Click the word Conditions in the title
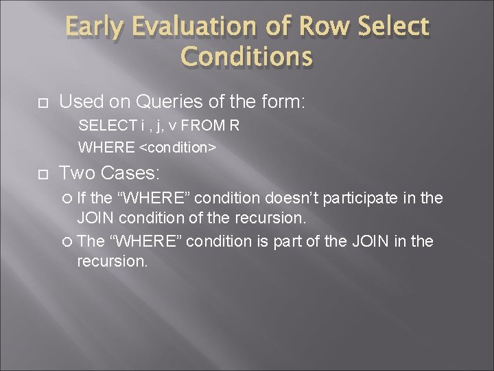click(246, 57)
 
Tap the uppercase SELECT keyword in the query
click(97, 126)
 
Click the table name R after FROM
click(235, 126)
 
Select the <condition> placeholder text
click(178, 147)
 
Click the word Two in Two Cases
click(75, 173)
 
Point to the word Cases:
click(124, 173)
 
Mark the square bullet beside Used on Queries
click(42, 103)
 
